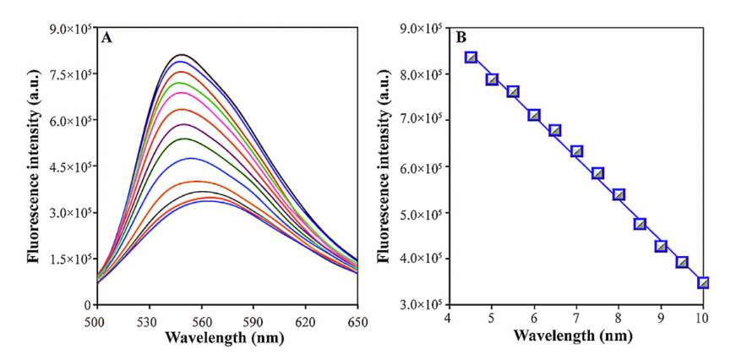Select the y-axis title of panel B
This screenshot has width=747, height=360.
coord(386,166)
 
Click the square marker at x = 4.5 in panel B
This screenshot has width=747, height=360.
coord(471,57)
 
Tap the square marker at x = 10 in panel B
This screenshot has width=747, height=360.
coord(703,283)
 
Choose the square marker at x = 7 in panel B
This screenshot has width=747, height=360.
coord(576,151)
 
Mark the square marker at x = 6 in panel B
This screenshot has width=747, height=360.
coord(534,115)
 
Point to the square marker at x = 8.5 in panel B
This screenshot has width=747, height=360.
coord(640,224)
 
